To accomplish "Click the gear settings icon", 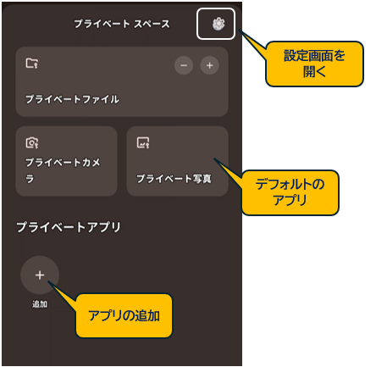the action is point(218,24).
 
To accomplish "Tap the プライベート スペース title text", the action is point(122,24).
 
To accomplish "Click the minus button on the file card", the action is point(184,65).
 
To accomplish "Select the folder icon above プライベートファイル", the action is point(32,63).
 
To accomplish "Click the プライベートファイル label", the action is point(72,99).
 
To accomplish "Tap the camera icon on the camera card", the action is point(32,142).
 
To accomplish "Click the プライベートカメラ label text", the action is point(63,170).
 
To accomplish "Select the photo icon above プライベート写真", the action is point(143,142).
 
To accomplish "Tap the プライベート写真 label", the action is point(174,179).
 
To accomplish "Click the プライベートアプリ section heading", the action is point(69,227).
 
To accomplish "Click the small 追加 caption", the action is point(40,304).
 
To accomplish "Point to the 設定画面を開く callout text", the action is point(314,64).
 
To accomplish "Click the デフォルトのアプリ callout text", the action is point(290,192).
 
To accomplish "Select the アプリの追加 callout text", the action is point(124,315).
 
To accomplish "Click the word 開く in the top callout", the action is point(314,72).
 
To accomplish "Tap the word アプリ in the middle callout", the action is point(290,200).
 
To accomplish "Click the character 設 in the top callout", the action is point(290,56).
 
